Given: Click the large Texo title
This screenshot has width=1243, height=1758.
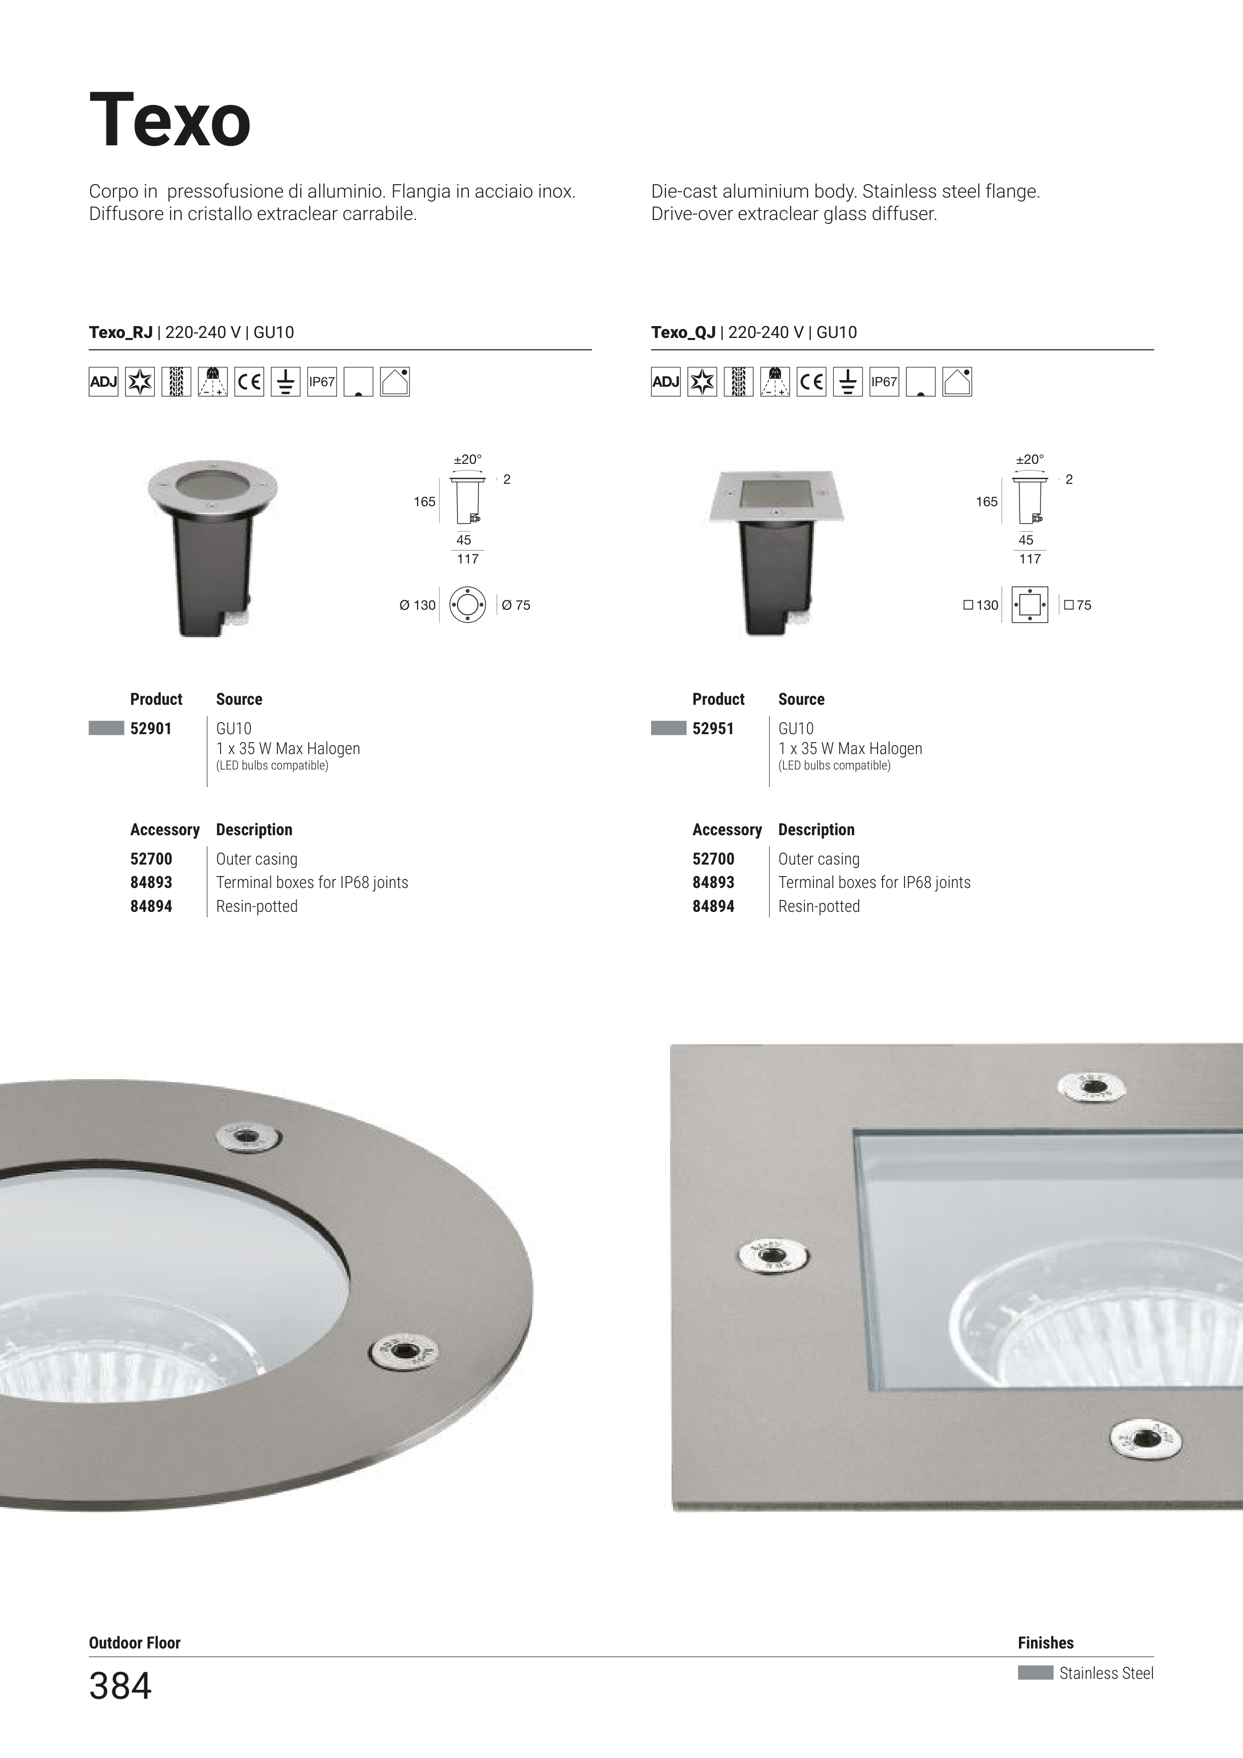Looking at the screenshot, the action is [x=170, y=120].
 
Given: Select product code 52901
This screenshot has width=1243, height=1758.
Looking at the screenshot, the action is [x=151, y=728].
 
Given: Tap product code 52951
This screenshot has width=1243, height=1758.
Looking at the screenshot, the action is [x=713, y=728].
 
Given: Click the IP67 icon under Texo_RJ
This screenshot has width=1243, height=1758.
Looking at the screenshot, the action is [x=322, y=381].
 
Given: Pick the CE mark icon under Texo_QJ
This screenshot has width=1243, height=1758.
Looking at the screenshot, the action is [x=811, y=381].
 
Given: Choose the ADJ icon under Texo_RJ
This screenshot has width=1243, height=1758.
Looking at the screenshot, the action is [x=104, y=381].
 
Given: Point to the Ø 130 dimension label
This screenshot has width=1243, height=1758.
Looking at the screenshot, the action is [x=417, y=605].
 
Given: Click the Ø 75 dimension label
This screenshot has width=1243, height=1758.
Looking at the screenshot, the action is [x=516, y=605].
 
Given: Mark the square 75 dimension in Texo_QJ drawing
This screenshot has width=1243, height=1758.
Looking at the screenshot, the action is [x=1078, y=605].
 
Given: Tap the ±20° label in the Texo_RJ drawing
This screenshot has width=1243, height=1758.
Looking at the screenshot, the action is [x=468, y=459].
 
